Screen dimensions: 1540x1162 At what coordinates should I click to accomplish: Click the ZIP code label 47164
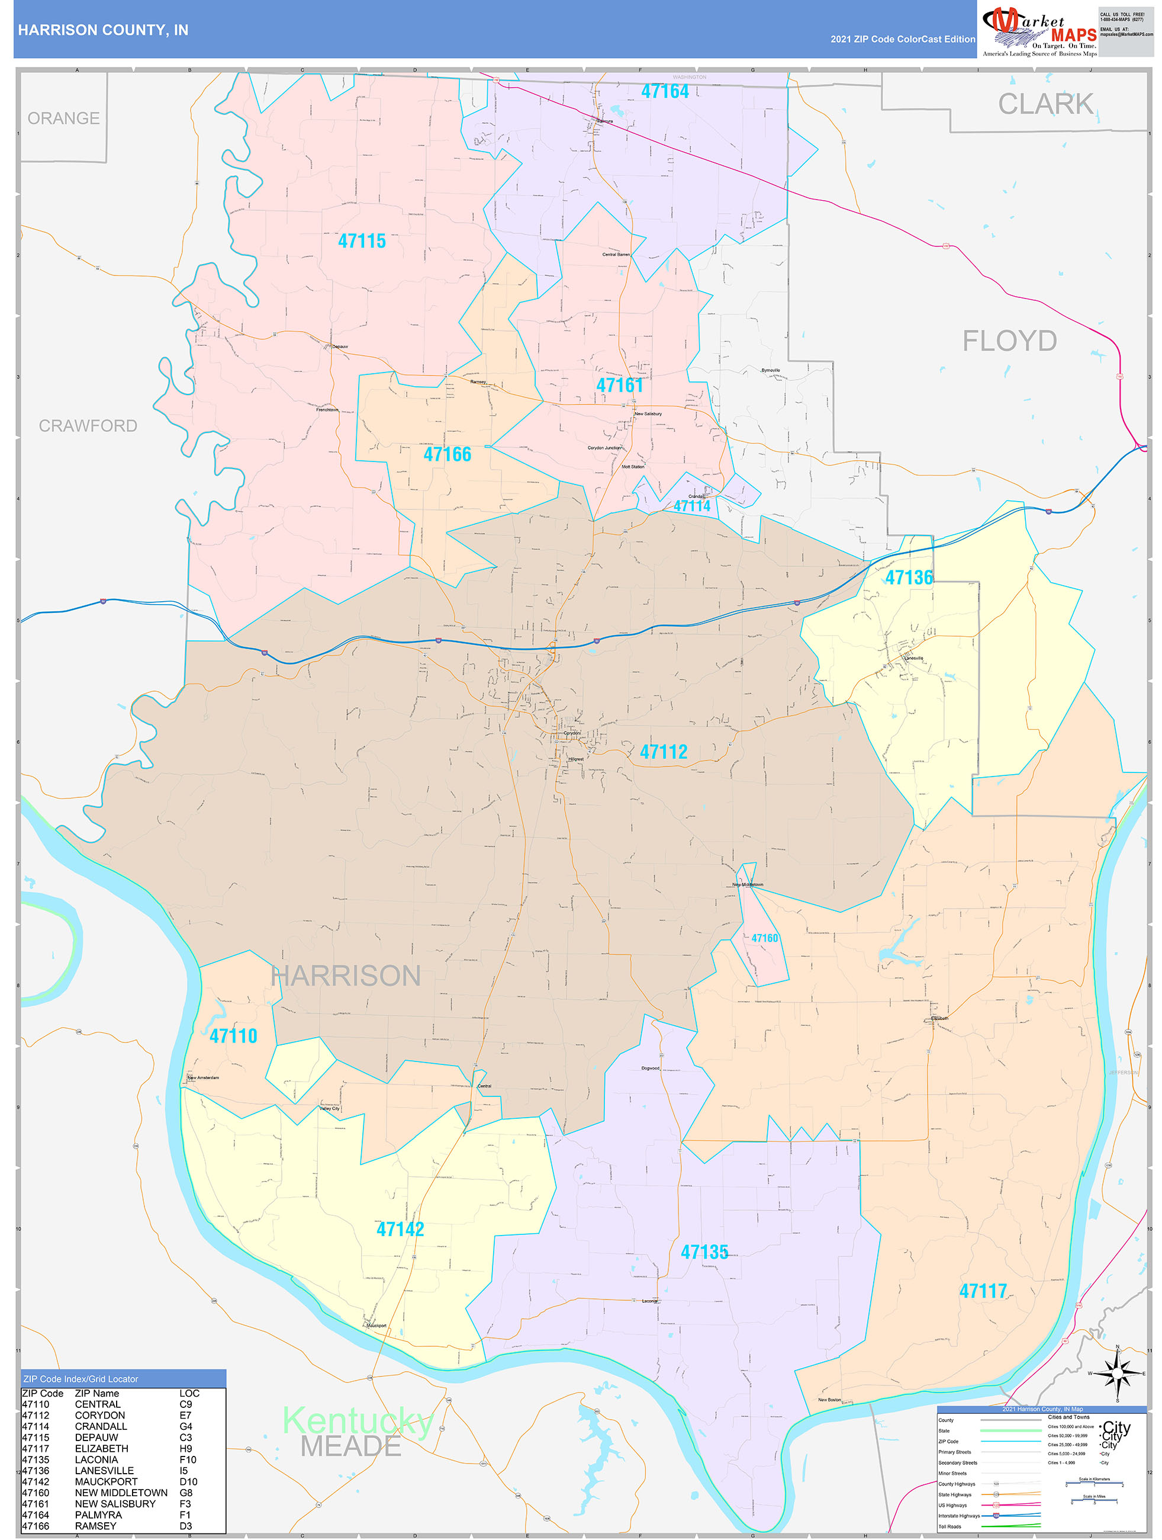[665, 91]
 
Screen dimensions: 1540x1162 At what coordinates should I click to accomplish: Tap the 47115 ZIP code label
[361, 241]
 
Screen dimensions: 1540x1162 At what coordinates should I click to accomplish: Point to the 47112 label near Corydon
[663, 752]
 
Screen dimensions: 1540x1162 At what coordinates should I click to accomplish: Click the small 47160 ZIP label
[764, 938]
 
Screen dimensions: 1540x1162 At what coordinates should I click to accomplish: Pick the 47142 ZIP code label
[400, 1229]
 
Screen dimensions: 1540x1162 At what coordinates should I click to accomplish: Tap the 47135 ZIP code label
[704, 1252]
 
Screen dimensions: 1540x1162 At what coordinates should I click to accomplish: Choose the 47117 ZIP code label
[983, 1291]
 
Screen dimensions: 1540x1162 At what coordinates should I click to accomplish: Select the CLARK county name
[1045, 104]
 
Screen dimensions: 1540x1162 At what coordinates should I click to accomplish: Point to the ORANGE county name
[63, 118]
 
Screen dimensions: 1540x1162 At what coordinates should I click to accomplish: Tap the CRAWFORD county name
[88, 425]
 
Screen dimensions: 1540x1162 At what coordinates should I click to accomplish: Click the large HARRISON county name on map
[346, 976]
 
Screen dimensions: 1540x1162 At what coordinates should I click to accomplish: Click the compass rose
[1117, 1373]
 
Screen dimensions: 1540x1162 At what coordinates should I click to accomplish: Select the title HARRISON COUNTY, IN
[103, 30]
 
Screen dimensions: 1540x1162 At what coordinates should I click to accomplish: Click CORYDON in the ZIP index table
[100, 1416]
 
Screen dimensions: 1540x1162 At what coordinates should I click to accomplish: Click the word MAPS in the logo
[1073, 35]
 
